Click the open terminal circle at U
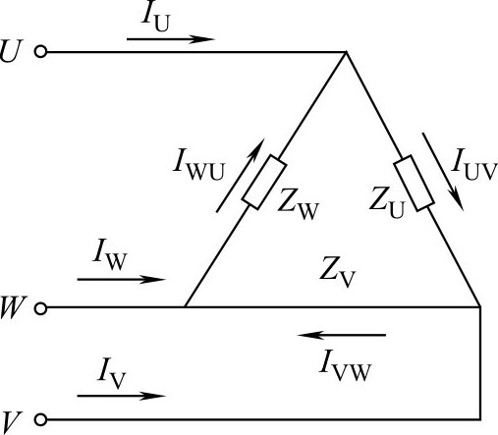pyautogui.click(x=40, y=52)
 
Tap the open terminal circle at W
pyautogui.click(x=40, y=308)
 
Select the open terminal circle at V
pyautogui.click(x=40, y=419)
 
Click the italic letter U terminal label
pyautogui.click(x=11, y=51)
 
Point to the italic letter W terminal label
pyautogui.click(x=12, y=307)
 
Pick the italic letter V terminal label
pyautogui.click(x=11, y=423)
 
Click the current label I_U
pyautogui.click(x=156, y=19)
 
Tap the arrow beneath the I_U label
pyautogui.click(x=171, y=39)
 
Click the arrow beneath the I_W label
pyautogui.click(x=122, y=280)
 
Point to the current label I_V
pyautogui.click(x=111, y=374)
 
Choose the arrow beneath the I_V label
pyautogui.click(x=122, y=396)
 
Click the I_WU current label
pyautogui.click(x=198, y=164)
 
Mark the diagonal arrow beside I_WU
pyautogui.click(x=240, y=176)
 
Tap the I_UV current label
pyautogui.click(x=474, y=164)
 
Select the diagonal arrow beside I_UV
pyautogui.click(x=443, y=171)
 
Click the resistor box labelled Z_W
pyautogui.click(x=264, y=183)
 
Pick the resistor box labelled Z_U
pyautogui.click(x=415, y=184)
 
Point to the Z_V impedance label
pyautogui.click(x=337, y=272)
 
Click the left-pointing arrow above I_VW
pyautogui.click(x=342, y=335)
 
